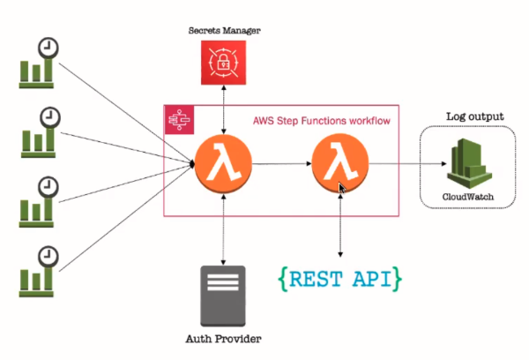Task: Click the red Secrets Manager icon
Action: (x=224, y=64)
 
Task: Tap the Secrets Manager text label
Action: (x=224, y=31)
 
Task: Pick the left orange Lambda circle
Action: (x=223, y=163)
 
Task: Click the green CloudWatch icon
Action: (x=466, y=162)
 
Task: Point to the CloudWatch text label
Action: (x=465, y=196)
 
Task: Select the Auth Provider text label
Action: (x=224, y=339)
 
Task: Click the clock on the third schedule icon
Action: (x=48, y=186)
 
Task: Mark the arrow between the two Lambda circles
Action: (x=280, y=164)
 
